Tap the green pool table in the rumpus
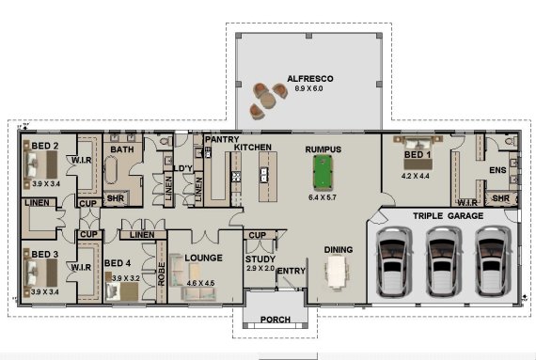(323, 173)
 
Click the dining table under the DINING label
(337, 273)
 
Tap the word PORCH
(275, 320)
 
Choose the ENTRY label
(292, 272)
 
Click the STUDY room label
(260, 258)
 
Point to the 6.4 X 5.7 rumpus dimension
(323, 198)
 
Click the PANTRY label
(221, 139)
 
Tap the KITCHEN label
(253, 149)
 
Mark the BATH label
(122, 149)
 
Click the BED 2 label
(44, 147)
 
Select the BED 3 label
(44, 255)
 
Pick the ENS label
(497, 170)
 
